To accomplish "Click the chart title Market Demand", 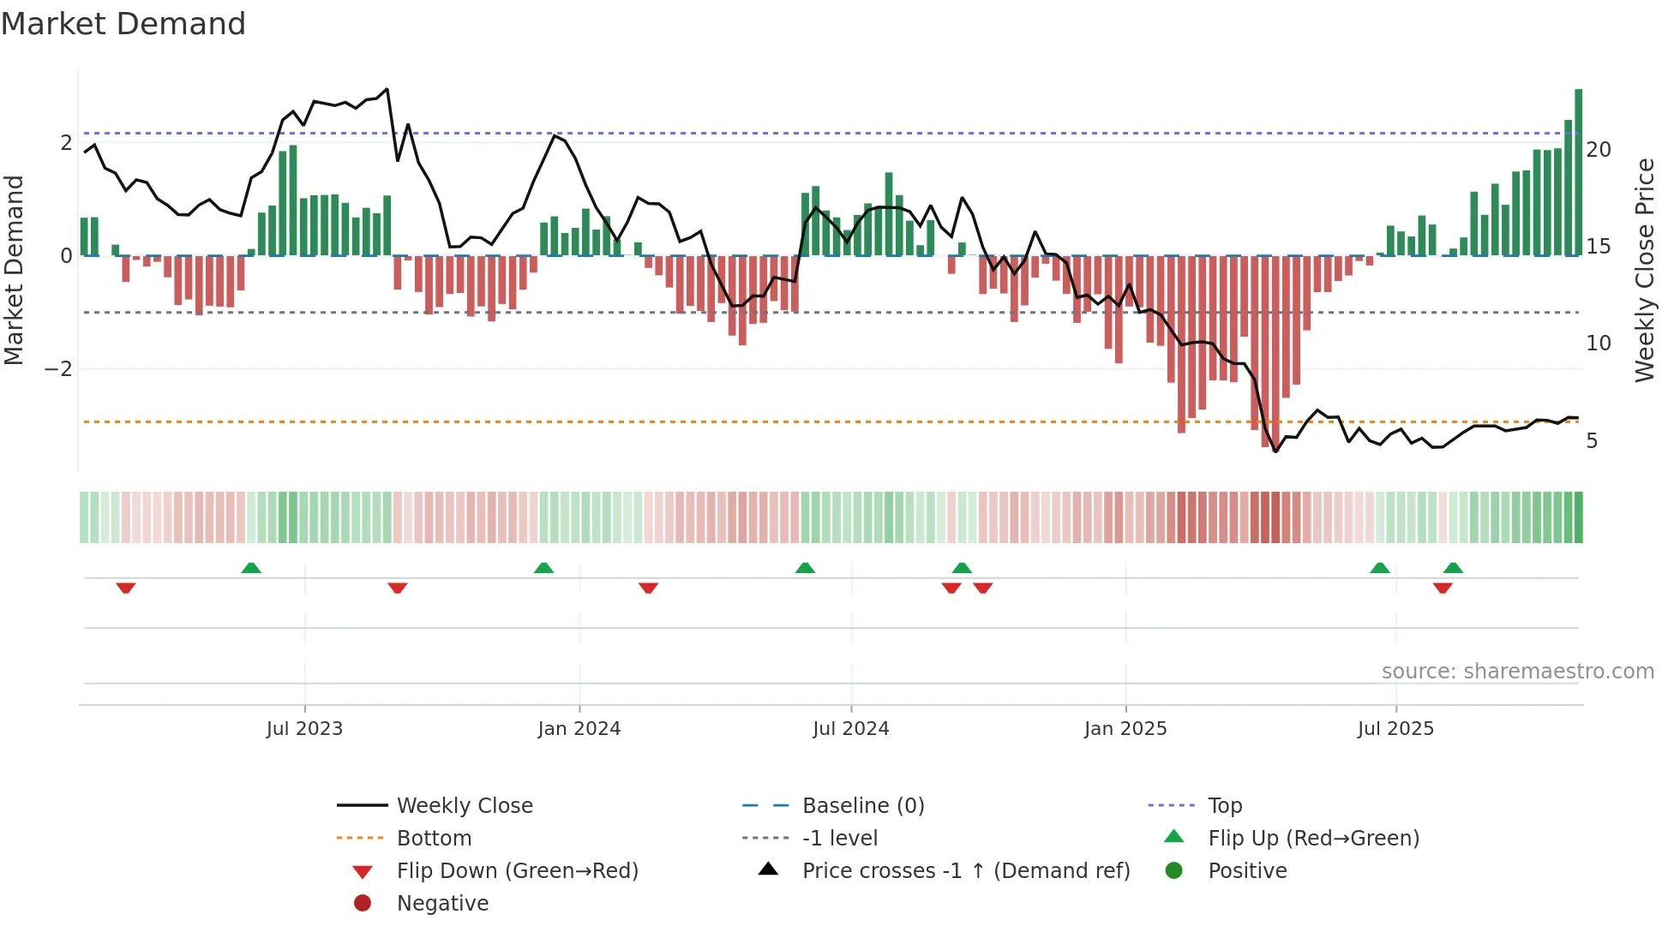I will [x=123, y=24].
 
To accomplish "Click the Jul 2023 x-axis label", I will [x=304, y=729].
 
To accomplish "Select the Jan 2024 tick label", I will [x=579, y=729].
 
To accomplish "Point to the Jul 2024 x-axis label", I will [x=850, y=729].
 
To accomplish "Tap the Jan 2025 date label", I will [x=1125, y=729].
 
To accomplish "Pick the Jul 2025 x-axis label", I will [x=1395, y=729].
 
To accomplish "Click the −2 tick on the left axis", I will [x=59, y=369].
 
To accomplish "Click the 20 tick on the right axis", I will [x=1599, y=150].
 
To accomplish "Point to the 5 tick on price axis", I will [x=1592, y=441].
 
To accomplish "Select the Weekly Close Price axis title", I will [x=1644, y=270].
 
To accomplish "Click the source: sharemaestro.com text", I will [x=1517, y=672].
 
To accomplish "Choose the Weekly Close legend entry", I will [x=464, y=806].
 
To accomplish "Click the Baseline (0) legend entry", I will [x=862, y=806].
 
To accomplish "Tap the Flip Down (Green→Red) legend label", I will [x=517, y=871].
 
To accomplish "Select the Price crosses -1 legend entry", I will [x=965, y=871].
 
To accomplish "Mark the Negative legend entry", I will [x=442, y=904].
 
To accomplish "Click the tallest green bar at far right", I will [x=1578, y=171].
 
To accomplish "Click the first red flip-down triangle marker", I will [x=126, y=588].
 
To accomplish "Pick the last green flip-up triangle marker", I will [x=1453, y=568].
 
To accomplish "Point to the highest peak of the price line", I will [x=387, y=89].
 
